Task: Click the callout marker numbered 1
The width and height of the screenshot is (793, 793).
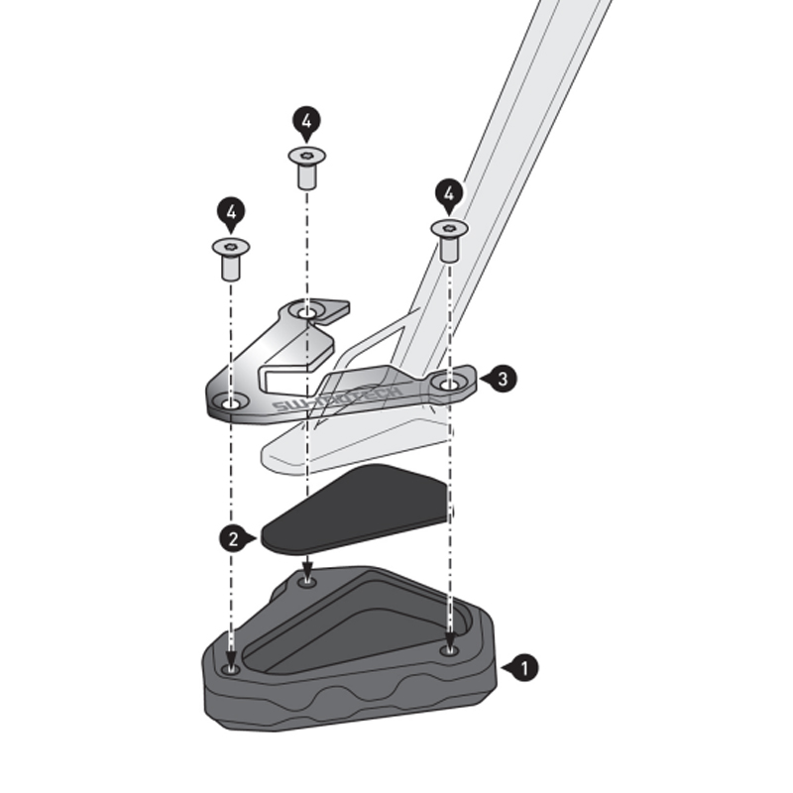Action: [522, 668]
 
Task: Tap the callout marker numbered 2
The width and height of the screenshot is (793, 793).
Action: [233, 538]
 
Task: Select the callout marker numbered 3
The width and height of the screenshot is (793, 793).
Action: [502, 378]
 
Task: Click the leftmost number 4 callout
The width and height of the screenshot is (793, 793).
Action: [231, 211]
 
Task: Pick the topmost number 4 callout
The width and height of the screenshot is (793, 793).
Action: [307, 123]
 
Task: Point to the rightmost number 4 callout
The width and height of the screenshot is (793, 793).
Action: [449, 192]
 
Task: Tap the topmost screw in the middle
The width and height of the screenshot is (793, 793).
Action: [307, 167]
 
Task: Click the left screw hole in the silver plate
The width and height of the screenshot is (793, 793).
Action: [231, 402]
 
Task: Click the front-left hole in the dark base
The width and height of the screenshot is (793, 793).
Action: [231, 669]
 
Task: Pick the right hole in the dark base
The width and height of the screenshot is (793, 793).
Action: [449, 650]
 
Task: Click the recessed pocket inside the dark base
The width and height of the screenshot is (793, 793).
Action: [357, 634]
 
